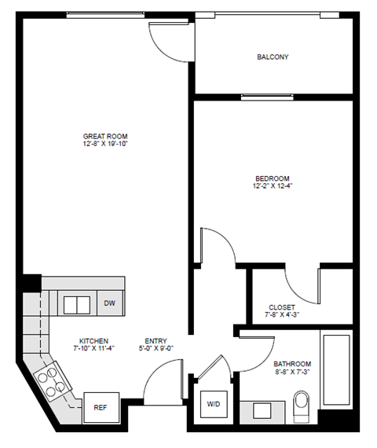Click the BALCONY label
point(272,57)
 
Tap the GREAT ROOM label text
point(106,136)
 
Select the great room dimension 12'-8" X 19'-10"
point(106,145)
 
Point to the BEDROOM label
point(272,178)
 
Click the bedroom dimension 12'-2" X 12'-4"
point(272,187)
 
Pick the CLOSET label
point(281,307)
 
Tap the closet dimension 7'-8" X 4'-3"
point(281,316)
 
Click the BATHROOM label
point(292,364)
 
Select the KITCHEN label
point(93,341)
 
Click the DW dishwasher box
point(109,303)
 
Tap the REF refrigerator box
point(101,408)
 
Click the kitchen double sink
point(76,303)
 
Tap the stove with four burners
point(53,380)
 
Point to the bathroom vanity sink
point(262,410)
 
